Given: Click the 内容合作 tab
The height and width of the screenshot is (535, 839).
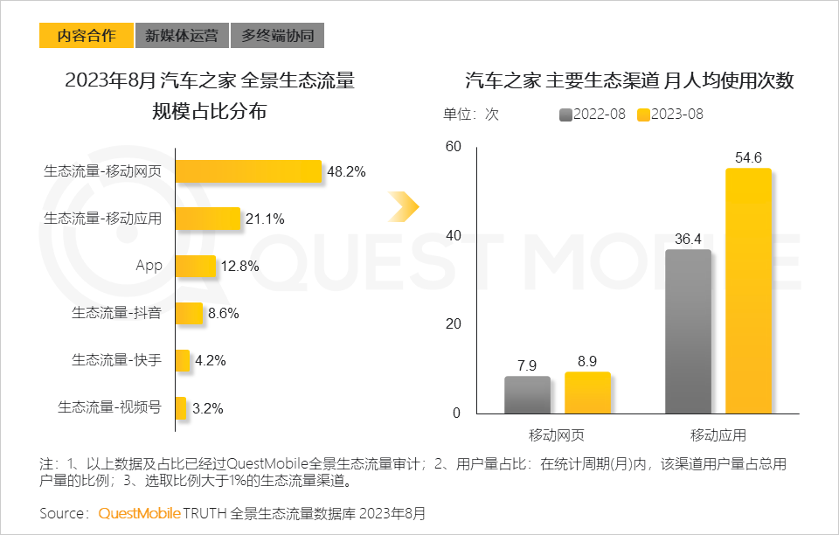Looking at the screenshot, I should [87, 36].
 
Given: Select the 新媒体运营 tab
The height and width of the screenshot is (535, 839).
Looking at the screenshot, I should [182, 36].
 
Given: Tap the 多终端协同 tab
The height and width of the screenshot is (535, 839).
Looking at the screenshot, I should [277, 36].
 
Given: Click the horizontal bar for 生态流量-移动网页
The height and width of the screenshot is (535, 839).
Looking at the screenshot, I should [249, 171].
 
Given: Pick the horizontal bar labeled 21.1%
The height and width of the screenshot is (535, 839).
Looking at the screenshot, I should [208, 219].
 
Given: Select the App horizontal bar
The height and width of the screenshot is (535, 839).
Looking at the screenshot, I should [196, 266].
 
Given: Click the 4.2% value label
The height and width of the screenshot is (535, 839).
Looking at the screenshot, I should [210, 360].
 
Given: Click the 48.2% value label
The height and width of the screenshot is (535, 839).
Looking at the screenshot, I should [346, 171].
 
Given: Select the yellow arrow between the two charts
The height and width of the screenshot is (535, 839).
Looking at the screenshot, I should [405, 206].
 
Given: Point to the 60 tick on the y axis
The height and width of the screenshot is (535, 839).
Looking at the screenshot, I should [453, 146].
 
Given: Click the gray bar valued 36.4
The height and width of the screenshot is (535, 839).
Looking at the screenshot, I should [688, 331].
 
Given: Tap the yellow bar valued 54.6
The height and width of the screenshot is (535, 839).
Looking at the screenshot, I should [748, 290].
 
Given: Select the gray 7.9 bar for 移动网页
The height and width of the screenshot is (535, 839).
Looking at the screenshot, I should [527, 395].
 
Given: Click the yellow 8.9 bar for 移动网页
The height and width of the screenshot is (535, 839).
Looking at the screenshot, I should [587, 393].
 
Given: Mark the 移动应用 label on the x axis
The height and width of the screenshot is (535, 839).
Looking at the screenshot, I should [718, 434].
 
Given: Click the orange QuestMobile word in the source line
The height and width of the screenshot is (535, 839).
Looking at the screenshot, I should [139, 513].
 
